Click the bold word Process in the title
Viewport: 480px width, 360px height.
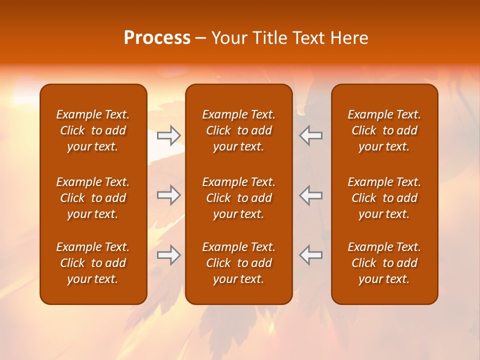[157, 38]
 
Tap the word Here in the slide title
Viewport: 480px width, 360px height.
[349, 38]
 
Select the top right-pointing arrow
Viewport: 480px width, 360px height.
[168, 135]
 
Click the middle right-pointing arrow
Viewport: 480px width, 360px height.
[168, 195]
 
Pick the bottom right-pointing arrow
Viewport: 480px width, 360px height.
[168, 255]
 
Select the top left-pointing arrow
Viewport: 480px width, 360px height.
[311, 135]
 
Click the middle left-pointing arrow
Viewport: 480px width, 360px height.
[311, 195]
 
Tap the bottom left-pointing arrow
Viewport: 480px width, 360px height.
[311, 255]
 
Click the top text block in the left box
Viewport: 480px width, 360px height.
[93, 130]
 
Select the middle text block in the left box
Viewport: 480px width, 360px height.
[93, 198]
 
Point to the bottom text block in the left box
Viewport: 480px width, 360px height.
[93, 263]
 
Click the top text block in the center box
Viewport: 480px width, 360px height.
[238, 130]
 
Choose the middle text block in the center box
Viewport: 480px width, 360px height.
[238, 198]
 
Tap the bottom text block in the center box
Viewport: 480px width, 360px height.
[238, 263]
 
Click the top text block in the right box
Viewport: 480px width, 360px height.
[384, 130]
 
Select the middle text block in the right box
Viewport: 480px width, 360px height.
[384, 198]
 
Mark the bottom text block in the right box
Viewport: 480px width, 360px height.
[384, 263]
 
